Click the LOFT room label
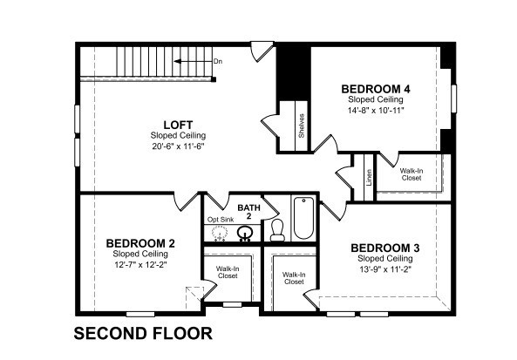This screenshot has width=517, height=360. point(178,125)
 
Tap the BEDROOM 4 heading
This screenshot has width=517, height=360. point(376,89)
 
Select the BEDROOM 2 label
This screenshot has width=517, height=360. point(140,243)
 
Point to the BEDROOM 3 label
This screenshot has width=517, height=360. point(385,248)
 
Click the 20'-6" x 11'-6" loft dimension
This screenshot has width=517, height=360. point(179,146)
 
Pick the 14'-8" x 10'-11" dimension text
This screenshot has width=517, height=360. point(376,110)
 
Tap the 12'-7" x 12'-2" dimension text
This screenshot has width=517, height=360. point(140,264)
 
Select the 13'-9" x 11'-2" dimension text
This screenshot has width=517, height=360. point(385,269)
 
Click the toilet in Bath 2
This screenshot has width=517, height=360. point(277,230)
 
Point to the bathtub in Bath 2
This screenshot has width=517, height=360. point(303,218)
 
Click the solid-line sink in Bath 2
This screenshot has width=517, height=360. point(245,234)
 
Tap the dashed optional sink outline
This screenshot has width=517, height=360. point(220,234)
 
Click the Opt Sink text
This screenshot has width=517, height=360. point(221,220)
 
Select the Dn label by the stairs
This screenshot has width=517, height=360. point(218,61)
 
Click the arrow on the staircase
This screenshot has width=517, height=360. point(194,61)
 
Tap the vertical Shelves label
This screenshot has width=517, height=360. point(302,126)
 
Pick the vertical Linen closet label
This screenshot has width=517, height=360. point(370,177)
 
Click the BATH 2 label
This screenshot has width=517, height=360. point(249,212)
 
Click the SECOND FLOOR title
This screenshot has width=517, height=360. point(143,333)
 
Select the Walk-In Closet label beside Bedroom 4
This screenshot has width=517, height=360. point(412,174)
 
